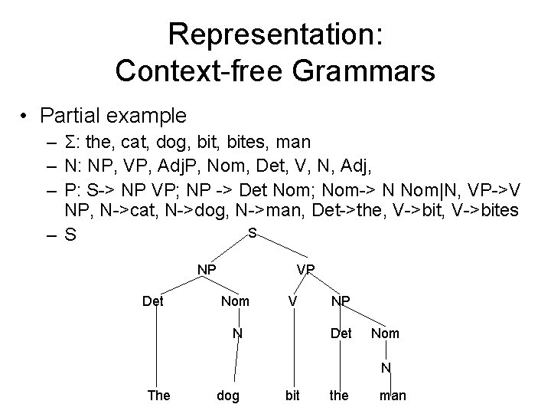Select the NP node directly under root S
[x=206, y=269]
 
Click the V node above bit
[x=292, y=301]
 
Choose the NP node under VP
[x=341, y=301]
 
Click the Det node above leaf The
[x=154, y=301]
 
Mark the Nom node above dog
[x=235, y=301]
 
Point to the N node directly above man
[x=386, y=368]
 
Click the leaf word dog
[x=228, y=396]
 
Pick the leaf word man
[x=393, y=396]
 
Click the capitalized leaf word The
[x=158, y=396]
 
